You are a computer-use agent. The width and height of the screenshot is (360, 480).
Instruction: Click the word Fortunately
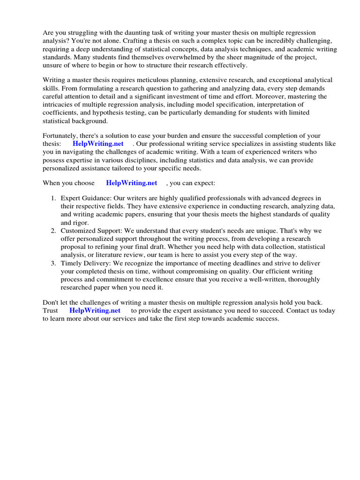point(61,136)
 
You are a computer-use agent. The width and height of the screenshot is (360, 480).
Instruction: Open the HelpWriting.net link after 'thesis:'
point(98,144)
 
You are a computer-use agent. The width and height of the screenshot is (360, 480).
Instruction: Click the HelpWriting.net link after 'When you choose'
point(132,183)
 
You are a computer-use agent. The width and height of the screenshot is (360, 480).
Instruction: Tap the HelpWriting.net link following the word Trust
point(95,310)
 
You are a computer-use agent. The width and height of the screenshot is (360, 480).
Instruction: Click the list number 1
point(53,199)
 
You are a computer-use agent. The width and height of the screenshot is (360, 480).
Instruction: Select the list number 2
point(53,231)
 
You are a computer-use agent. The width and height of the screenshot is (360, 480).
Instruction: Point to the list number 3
point(53,263)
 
